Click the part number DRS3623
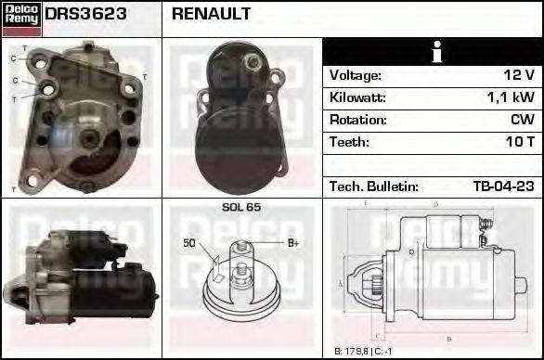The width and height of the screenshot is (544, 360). (86, 15)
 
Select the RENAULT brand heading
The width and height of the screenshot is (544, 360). (211, 15)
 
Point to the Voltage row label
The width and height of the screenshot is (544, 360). (355, 75)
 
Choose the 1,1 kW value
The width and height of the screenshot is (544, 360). (511, 97)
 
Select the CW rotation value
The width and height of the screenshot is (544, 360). (522, 120)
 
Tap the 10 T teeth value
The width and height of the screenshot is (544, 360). (518, 142)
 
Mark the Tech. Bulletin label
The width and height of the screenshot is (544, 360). (373, 186)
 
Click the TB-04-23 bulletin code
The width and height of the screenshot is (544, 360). (503, 186)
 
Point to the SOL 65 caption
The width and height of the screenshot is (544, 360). (241, 207)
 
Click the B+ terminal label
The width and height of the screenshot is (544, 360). (292, 243)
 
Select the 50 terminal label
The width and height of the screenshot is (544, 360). (189, 243)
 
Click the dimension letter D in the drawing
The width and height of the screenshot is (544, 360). (435, 205)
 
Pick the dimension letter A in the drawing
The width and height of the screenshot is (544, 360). (341, 284)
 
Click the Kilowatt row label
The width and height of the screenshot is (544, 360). (356, 97)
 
